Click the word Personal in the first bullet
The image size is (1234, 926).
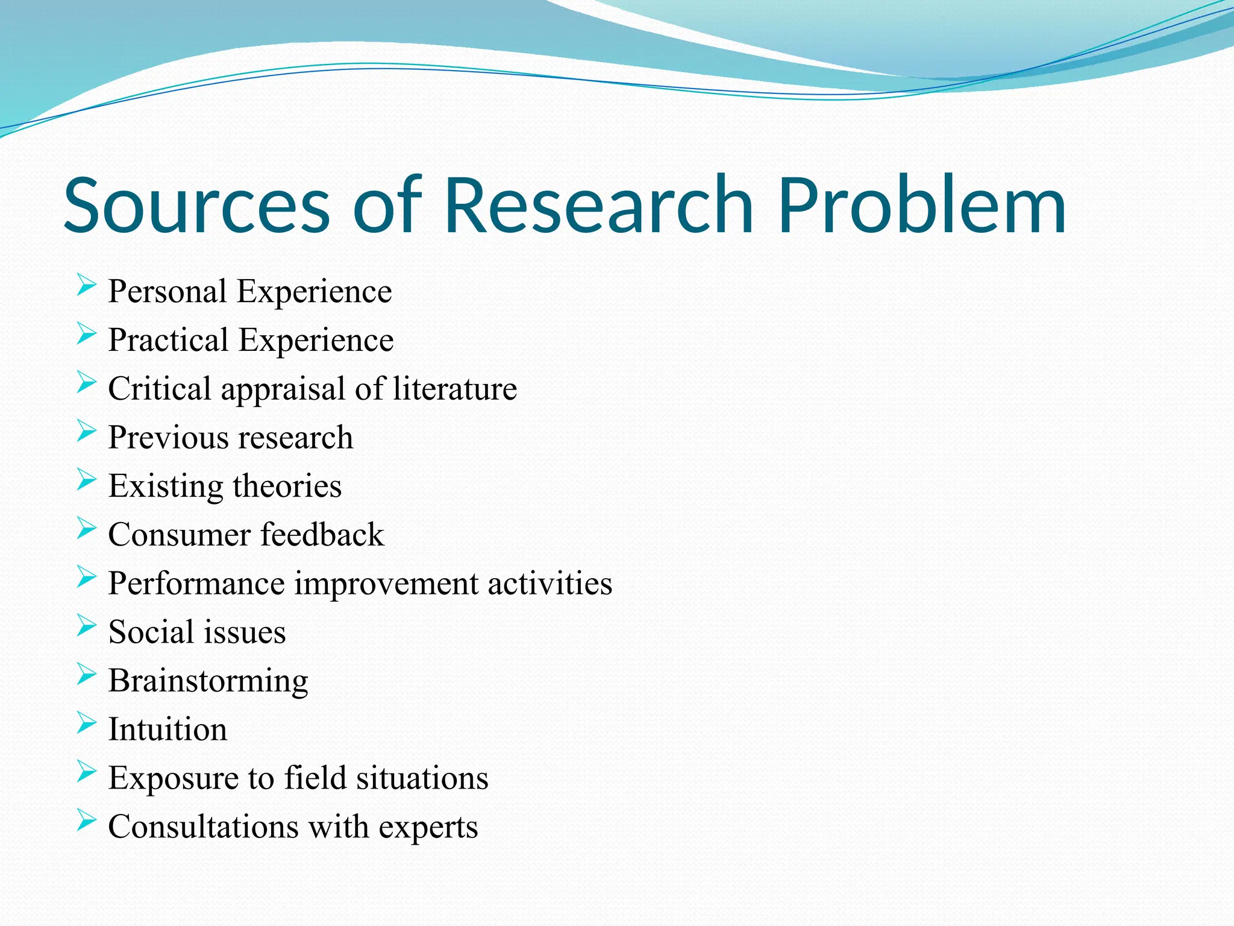[167, 292]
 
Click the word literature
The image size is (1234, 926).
[455, 389]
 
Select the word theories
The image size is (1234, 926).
[287, 486]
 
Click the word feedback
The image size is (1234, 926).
[322, 535]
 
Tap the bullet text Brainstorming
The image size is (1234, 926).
[208, 681]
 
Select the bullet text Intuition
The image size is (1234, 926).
[168, 729]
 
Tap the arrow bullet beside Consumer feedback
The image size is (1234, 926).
[86, 529]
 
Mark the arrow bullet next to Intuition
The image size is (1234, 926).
[86, 723]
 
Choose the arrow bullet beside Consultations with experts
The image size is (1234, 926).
[86, 820]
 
